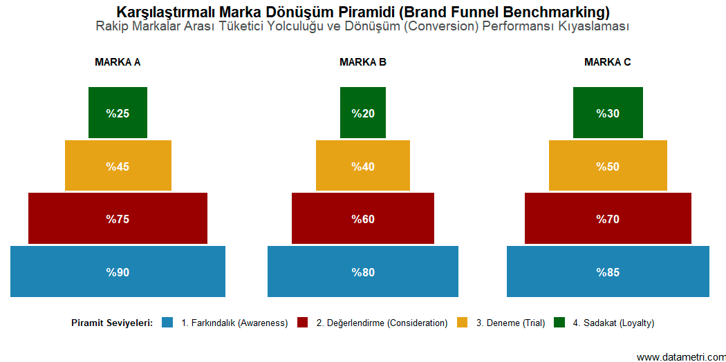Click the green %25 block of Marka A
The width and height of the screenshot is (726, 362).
pyautogui.click(x=118, y=113)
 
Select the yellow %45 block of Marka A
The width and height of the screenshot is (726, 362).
pyautogui.click(x=118, y=166)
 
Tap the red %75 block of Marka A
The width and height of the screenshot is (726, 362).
pyautogui.click(x=118, y=218)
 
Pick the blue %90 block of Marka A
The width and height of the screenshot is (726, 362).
pyautogui.click(x=118, y=271)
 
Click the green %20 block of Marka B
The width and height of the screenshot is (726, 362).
pyautogui.click(x=363, y=113)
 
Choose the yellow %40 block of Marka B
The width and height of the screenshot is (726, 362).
pyautogui.click(x=363, y=166)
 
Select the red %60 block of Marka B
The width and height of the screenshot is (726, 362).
pyautogui.click(x=363, y=218)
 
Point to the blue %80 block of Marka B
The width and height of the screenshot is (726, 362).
pyautogui.click(x=363, y=271)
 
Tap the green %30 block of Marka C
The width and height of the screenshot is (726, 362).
pyautogui.click(x=608, y=113)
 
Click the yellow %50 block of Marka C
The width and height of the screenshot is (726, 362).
pyautogui.click(x=608, y=166)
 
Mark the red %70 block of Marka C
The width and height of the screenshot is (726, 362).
pyautogui.click(x=608, y=218)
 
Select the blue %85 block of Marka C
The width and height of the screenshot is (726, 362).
pyautogui.click(x=608, y=271)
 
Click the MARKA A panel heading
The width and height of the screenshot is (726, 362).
pyautogui.click(x=118, y=62)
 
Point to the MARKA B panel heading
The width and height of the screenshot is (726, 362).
pyautogui.click(x=363, y=62)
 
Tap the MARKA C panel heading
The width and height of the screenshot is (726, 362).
pyautogui.click(x=608, y=62)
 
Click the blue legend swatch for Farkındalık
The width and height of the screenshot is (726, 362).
pyautogui.click(x=167, y=323)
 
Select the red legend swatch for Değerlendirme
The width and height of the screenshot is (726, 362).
pyautogui.click(x=302, y=323)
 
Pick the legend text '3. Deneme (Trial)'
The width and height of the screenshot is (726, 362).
pyautogui.click(x=510, y=323)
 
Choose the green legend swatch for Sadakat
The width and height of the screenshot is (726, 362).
pyautogui.click(x=560, y=323)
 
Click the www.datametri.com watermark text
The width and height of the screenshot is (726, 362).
pyautogui.click(x=680, y=356)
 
